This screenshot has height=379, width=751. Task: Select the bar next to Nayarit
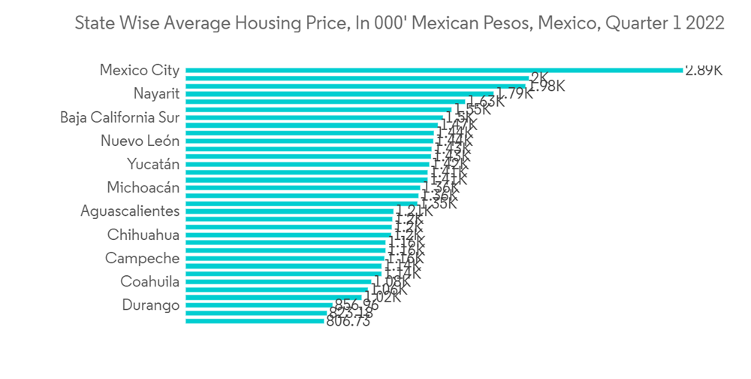click(x=338, y=94)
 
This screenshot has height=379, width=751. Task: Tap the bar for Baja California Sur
click(x=315, y=117)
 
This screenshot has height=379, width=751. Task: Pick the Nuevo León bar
click(x=308, y=141)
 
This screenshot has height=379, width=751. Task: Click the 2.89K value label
click(x=703, y=70)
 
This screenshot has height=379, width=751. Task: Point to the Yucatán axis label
click(x=153, y=165)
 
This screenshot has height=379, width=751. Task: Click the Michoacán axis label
click(x=143, y=188)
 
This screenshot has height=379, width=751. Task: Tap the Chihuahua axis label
click(x=143, y=235)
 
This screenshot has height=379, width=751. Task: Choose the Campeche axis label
click(x=142, y=259)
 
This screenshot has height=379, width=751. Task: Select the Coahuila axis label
click(x=149, y=282)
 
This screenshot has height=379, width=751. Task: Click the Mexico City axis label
click(x=140, y=71)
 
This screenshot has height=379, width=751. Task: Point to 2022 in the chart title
click(x=705, y=24)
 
